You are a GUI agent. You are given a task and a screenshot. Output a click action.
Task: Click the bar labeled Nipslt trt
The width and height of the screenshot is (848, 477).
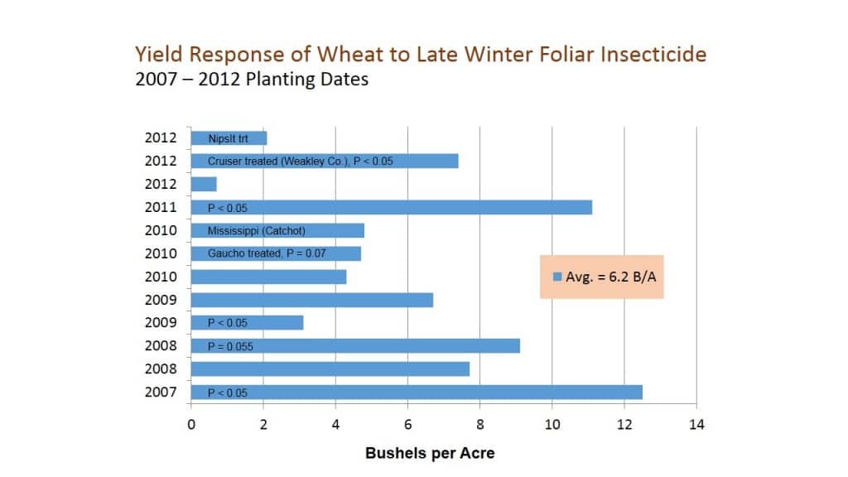click(x=229, y=138)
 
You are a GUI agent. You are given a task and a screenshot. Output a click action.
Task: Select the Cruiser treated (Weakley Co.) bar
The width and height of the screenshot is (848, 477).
click(x=325, y=161)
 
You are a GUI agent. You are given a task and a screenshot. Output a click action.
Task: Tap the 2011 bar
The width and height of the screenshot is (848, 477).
click(x=392, y=207)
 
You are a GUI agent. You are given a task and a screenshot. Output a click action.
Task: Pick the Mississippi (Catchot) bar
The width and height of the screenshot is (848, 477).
click(x=277, y=230)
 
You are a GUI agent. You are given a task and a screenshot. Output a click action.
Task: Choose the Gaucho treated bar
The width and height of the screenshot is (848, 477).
click(x=276, y=253)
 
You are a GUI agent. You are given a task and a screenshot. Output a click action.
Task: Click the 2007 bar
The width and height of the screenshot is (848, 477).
click(x=417, y=392)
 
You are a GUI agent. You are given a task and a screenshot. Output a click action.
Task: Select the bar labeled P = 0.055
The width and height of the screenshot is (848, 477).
click(x=355, y=345)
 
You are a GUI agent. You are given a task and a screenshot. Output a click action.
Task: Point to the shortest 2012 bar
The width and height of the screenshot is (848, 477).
click(x=204, y=185)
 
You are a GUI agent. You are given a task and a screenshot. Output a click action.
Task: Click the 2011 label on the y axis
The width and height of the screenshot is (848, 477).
click(x=161, y=207)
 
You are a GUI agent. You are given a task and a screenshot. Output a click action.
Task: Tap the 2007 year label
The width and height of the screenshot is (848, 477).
click(x=161, y=392)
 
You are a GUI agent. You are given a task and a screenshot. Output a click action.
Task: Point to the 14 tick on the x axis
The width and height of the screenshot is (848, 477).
click(x=696, y=425)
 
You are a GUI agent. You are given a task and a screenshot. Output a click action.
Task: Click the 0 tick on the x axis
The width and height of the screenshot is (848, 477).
click(x=191, y=425)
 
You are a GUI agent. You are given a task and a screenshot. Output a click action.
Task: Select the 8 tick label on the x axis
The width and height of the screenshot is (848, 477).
click(x=479, y=425)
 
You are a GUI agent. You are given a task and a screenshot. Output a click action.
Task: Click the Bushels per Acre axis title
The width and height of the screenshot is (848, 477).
click(x=430, y=453)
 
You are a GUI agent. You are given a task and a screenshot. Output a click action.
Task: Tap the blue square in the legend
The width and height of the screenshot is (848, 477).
click(x=557, y=277)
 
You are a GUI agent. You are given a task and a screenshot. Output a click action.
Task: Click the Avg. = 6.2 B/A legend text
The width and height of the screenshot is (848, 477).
click(x=611, y=277)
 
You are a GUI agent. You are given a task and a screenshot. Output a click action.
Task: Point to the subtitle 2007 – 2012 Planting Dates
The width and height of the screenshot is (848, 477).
click(x=252, y=79)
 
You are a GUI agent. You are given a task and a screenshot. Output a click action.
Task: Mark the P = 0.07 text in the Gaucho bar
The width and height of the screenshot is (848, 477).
click(x=306, y=253)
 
